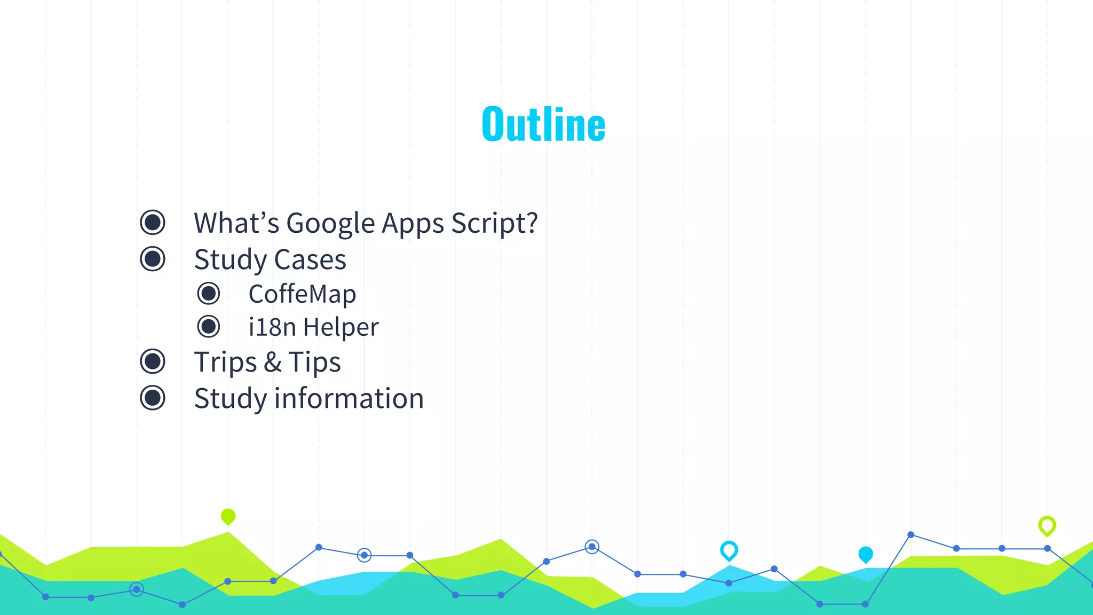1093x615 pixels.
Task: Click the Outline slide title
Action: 543,124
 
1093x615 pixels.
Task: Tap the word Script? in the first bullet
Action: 494,223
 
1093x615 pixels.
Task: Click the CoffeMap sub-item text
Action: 302,294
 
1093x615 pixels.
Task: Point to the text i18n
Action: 272,327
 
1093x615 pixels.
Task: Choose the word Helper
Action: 341,327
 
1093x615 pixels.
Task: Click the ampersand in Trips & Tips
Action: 272,362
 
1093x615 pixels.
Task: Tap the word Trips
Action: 225,362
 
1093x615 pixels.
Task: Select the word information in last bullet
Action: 349,398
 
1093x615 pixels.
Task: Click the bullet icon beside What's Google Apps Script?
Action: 153,222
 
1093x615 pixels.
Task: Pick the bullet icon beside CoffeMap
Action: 208,294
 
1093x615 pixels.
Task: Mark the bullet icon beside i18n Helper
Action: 208,327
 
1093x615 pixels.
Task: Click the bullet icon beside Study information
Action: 153,398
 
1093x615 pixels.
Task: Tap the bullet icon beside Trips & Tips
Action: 153,361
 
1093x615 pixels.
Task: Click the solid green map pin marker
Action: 228,516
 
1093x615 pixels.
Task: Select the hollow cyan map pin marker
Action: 728,550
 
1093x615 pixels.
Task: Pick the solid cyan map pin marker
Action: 865,555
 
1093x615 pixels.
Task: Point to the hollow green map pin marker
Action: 1047,526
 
